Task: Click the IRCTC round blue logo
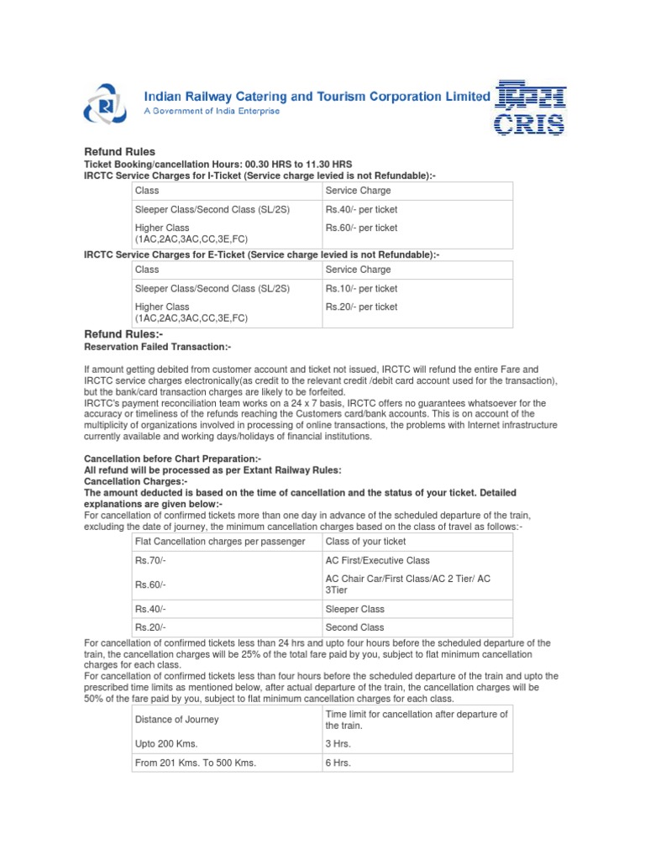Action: (x=104, y=104)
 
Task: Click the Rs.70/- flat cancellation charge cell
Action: (x=151, y=560)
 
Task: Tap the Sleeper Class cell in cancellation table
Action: (x=354, y=609)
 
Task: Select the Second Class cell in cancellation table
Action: (x=354, y=627)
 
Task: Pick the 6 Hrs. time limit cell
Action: (x=338, y=763)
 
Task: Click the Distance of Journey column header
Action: (x=176, y=719)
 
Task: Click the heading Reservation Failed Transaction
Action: (x=157, y=347)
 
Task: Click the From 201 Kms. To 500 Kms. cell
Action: (x=195, y=763)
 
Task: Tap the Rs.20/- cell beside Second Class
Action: (x=151, y=627)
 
